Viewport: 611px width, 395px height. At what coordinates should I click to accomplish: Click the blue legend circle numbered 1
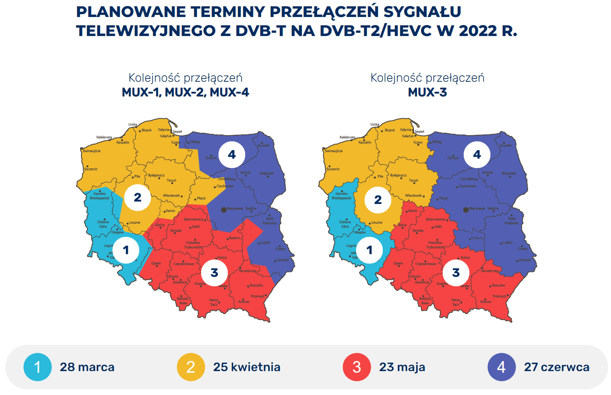click(38, 367)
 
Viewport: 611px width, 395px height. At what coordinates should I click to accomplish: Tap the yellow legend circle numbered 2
click(191, 367)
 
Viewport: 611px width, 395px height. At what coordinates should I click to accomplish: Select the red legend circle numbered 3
click(356, 367)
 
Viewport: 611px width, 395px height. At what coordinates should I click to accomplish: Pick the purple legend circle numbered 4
click(501, 367)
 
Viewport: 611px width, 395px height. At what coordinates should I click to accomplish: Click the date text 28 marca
click(87, 367)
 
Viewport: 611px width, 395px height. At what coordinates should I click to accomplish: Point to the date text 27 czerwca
click(556, 367)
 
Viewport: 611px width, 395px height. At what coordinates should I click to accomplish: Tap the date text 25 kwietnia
click(246, 367)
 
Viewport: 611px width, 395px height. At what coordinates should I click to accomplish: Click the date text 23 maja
click(402, 367)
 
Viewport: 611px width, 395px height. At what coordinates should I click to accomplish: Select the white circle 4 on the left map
click(232, 155)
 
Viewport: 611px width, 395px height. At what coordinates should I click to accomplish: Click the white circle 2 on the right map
click(378, 200)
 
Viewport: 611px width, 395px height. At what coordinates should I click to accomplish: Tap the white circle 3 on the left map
click(214, 273)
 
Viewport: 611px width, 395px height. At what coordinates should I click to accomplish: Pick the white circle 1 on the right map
click(369, 250)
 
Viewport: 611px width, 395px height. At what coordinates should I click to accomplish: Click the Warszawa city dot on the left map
click(224, 210)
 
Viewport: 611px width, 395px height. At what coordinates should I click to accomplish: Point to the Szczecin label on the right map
click(333, 169)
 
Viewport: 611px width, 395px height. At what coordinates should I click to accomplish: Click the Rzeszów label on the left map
click(257, 285)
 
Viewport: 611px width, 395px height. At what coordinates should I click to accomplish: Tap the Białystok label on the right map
click(509, 173)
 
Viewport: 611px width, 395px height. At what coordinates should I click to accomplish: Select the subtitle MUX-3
click(427, 92)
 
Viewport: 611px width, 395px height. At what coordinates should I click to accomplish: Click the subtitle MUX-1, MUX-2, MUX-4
click(185, 92)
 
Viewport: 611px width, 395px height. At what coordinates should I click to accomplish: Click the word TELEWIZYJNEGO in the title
click(146, 31)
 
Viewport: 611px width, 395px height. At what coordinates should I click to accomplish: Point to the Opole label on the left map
click(156, 263)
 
